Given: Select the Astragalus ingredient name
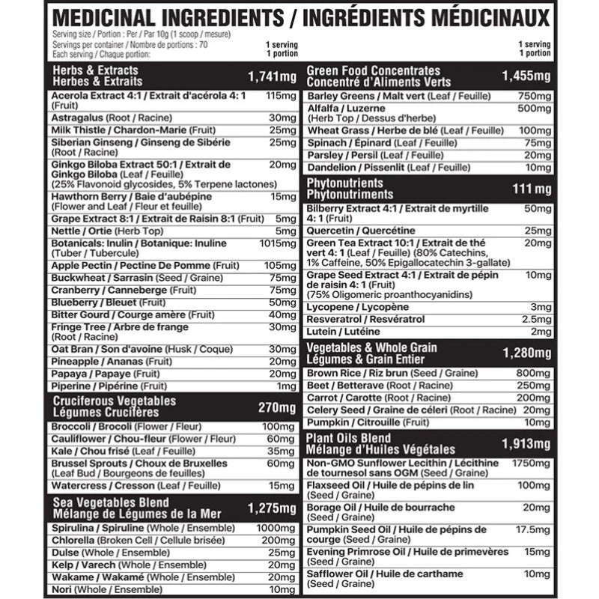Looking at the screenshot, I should coord(78,118).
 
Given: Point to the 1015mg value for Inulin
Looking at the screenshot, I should coord(281,244).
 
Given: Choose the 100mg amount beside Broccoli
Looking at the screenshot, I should coord(282,427).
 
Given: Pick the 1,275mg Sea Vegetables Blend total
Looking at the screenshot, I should coord(272,508).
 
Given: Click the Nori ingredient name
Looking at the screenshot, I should coord(62,590).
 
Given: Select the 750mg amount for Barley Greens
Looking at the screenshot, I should coord(534,97).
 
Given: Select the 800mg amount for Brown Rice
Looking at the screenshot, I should coord(534,373).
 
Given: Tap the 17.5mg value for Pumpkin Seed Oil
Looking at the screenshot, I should coord(533,530).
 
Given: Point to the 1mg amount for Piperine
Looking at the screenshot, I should coord(287,386).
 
